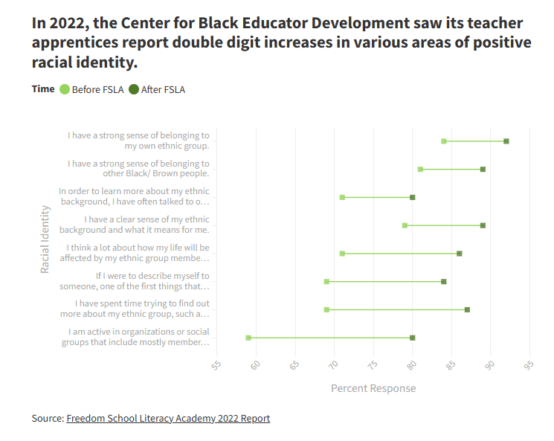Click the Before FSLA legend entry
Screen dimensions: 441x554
click(x=91, y=89)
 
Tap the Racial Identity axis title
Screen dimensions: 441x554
click(x=45, y=239)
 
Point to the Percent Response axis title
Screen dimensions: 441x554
click(x=373, y=388)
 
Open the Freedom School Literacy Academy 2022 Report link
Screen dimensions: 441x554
click(x=168, y=418)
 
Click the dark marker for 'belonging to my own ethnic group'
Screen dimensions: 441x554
click(x=506, y=141)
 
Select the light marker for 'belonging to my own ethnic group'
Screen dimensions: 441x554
click(x=444, y=141)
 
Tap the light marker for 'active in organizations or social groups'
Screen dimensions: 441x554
click(x=248, y=338)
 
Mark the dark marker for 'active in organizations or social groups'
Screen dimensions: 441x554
click(x=413, y=338)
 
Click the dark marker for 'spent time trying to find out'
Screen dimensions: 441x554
click(x=467, y=309)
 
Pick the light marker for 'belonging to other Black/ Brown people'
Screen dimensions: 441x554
click(x=420, y=170)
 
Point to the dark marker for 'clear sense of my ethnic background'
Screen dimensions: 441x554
click(x=483, y=225)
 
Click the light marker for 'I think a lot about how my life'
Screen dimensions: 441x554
click(x=342, y=254)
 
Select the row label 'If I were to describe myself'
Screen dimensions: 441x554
click(x=152, y=281)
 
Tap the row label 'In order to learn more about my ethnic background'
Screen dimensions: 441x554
click(x=134, y=196)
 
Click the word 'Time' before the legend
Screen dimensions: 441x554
click(x=43, y=88)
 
